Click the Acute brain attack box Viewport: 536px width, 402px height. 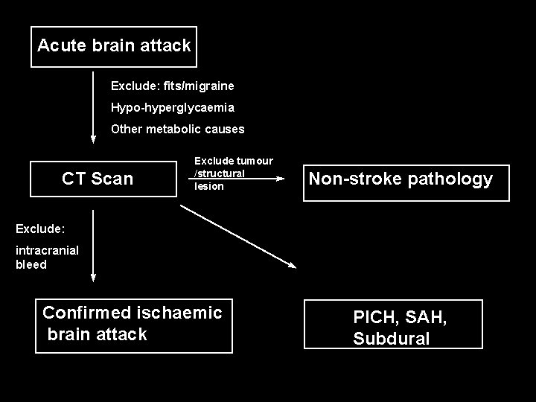[114, 46]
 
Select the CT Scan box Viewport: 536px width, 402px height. [98, 179]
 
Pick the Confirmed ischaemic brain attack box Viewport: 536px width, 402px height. [134, 324]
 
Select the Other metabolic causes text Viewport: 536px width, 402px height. [177, 129]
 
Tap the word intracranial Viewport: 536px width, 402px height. [46, 251]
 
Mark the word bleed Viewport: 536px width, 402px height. [31, 264]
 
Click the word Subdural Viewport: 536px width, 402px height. [391, 339]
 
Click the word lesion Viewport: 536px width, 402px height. [209, 186]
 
